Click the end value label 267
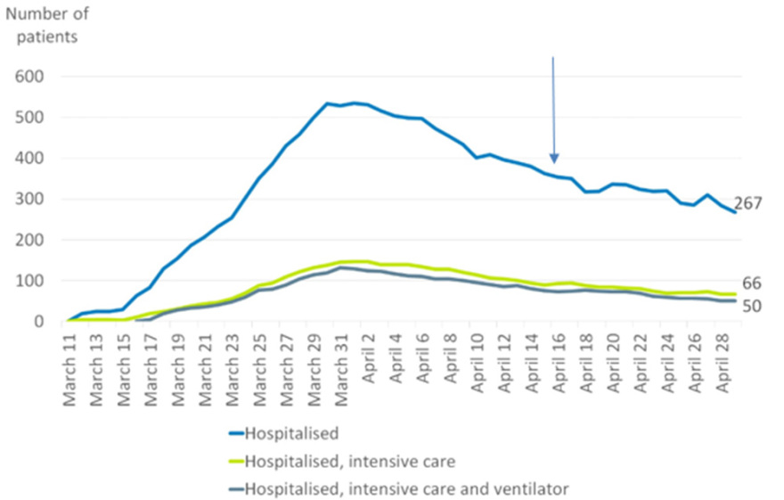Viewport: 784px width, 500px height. pos(748,203)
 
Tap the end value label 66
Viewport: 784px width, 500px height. pos(752,283)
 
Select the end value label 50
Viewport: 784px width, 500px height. pos(752,306)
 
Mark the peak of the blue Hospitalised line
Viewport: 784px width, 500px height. pos(355,102)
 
